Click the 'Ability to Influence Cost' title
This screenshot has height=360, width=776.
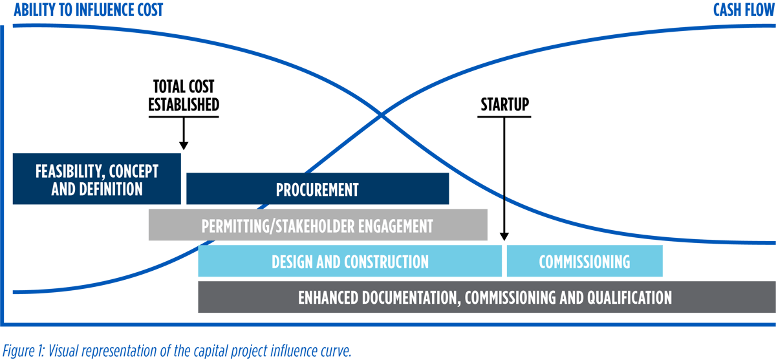[x=89, y=10]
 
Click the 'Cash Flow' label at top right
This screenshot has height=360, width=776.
[x=743, y=10]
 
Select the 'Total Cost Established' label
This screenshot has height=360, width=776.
[x=184, y=96]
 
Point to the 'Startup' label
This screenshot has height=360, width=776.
[x=504, y=104]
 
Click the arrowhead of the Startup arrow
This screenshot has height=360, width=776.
[x=504, y=237]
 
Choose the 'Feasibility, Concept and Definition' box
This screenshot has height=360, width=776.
[x=97, y=180]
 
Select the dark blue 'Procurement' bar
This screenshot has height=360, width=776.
[x=317, y=189]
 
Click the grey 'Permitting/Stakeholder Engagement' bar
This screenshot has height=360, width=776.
[x=317, y=226]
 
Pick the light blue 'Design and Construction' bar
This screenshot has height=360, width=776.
[x=350, y=262]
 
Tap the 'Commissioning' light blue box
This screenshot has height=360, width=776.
[x=584, y=262]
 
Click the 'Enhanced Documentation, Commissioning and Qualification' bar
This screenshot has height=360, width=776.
[x=485, y=297]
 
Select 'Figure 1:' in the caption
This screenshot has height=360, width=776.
[x=19, y=351]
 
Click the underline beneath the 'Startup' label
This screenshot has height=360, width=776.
[x=504, y=117]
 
